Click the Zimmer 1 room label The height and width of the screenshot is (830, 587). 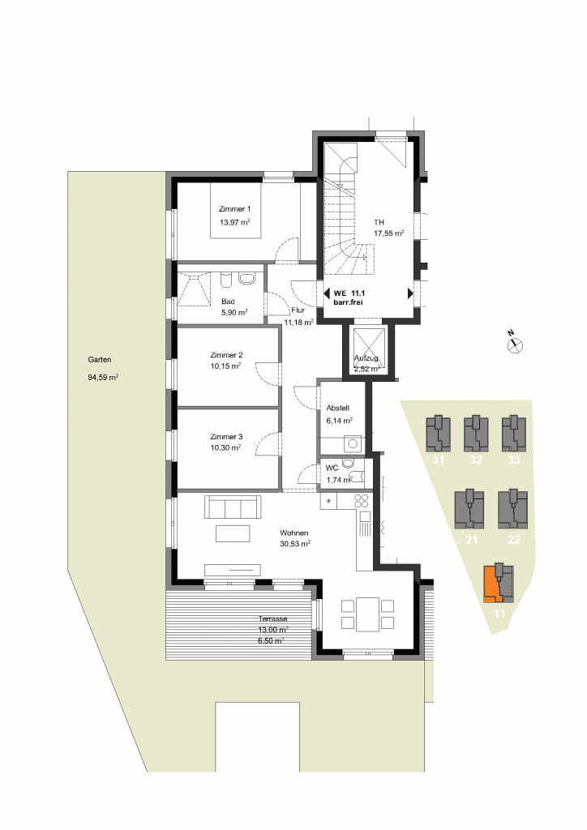tap(234, 209)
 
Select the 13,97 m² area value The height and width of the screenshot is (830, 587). tap(234, 222)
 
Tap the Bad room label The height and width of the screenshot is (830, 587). tap(228, 302)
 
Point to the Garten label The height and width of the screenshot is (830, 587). tap(100, 359)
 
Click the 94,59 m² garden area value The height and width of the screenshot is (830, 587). tap(103, 378)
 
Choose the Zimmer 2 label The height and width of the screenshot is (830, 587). tap(226, 355)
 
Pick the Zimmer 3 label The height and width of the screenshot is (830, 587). tap(226, 437)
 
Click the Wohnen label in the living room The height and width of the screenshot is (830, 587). tap(293, 533)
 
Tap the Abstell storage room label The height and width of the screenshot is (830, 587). tap(338, 409)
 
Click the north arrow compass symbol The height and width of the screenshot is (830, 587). tap(515, 344)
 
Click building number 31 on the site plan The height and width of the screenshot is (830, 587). tap(439, 460)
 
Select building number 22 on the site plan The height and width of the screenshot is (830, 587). tap(513, 539)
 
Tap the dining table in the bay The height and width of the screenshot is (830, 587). tap(367, 614)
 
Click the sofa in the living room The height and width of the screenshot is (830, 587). tap(233, 507)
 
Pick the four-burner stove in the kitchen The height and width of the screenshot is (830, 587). tap(362, 501)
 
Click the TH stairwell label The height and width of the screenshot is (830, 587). tap(379, 222)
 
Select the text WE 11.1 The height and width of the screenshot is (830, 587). tap(349, 293)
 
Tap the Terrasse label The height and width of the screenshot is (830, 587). tap(273, 618)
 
